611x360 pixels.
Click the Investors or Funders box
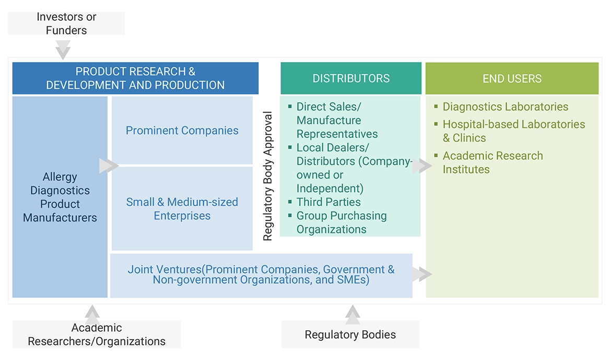(x=66, y=24)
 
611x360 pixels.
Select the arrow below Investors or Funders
(x=63, y=51)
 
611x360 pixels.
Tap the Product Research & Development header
(x=135, y=78)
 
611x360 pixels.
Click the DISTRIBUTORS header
(x=351, y=78)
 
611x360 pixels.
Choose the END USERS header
(x=512, y=79)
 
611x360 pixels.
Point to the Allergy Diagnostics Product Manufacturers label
(x=60, y=197)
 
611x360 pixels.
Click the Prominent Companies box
(x=182, y=130)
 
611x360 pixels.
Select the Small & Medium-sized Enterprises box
(x=182, y=208)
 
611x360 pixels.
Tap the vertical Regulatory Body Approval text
(x=268, y=176)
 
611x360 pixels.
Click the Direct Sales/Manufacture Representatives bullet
(x=337, y=120)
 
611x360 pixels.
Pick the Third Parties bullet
(x=328, y=202)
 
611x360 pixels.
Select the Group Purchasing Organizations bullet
(x=341, y=223)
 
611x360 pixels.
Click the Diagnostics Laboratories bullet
(x=505, y=107)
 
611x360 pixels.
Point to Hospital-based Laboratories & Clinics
(x=513, y=131)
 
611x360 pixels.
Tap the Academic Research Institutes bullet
(x=492, y=162)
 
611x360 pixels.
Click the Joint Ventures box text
(x=261, y=275)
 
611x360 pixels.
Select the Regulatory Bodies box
(x=350, y=334)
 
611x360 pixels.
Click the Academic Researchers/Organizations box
(x=97, y=334)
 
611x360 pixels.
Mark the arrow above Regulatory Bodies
(x=352, y=314)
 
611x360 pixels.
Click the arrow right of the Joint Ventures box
(x=422, y=274)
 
